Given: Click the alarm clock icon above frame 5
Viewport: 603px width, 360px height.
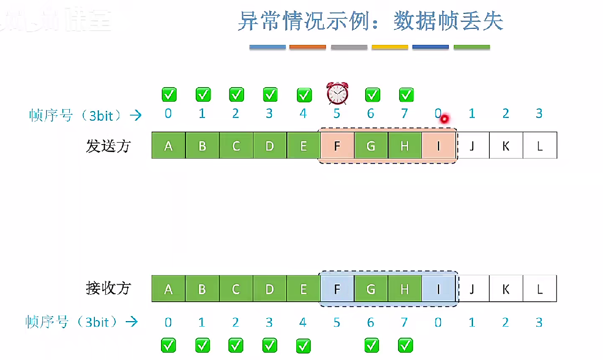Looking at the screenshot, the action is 337,93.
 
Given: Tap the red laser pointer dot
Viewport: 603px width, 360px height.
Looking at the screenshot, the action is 443,119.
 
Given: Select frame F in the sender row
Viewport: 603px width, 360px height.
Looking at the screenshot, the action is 337,146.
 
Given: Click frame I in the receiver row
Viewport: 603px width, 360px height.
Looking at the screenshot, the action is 438,289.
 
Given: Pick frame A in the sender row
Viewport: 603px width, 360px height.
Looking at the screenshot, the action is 168,146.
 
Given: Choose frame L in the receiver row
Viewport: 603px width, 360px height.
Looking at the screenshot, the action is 540,289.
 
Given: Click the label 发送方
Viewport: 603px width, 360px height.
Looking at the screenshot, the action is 108,146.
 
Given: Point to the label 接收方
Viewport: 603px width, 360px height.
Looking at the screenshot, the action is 108,288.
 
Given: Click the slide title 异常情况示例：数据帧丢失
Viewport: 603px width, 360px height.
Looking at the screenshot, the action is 370,22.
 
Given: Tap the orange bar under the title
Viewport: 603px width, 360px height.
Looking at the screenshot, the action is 308,47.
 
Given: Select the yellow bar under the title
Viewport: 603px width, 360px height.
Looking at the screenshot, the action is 390,47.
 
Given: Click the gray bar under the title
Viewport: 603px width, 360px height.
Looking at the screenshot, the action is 349,47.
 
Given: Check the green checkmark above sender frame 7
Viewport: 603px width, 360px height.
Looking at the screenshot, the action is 406,94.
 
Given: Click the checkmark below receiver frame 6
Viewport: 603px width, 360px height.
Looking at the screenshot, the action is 371,345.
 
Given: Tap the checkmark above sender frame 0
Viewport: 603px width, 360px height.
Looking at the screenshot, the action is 169,94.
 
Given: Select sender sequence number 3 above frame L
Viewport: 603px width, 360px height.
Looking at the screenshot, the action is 539,114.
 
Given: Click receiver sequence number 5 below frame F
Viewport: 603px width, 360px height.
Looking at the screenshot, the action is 337,323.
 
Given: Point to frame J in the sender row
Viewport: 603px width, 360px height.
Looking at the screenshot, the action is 472,146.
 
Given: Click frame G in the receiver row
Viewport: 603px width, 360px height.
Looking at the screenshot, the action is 371,289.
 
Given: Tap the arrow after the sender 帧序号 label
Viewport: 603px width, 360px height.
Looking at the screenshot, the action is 135,116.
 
